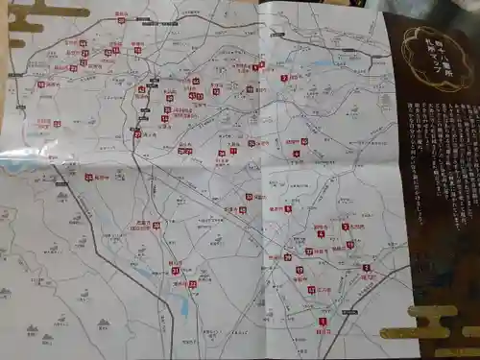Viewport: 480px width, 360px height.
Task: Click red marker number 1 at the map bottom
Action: (323, 322)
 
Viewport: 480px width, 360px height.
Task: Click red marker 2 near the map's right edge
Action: (284, 78)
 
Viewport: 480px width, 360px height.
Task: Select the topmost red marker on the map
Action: (122, 19)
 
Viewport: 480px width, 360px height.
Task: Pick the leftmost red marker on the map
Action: (40, 84)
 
